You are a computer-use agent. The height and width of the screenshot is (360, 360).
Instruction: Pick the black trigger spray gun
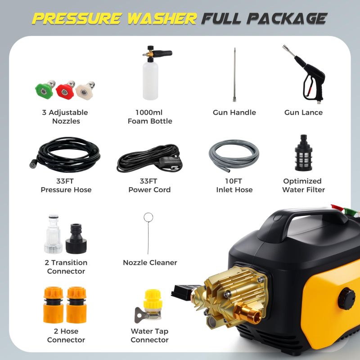(306, 79)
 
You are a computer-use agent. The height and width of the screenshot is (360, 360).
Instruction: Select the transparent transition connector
(54, 234)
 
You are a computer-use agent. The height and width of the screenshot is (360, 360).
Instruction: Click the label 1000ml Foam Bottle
(150, 117)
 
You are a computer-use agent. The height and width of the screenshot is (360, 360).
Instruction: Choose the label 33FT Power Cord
(150, 185)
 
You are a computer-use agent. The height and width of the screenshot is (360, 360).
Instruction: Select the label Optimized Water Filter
(303, 185)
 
